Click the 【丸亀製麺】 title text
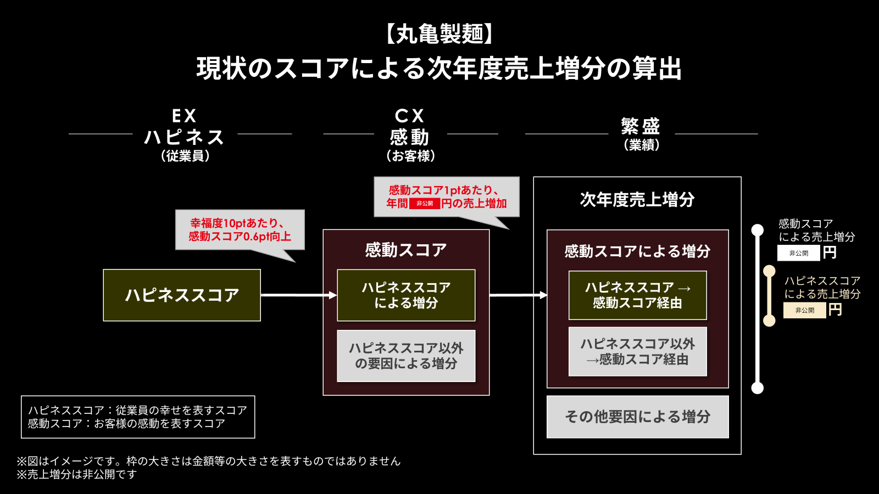(x=439, y=34)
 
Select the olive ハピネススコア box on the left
(x=182, y=295)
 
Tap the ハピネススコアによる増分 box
(x=406, y=295)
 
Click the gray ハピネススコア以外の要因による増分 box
(x=406, y=356)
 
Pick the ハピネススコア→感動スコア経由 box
(x=637, y=295)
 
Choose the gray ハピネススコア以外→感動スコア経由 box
(x=637, y=352)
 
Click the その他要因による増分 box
(x=637, y=417)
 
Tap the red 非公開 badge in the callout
(x=425, y=204)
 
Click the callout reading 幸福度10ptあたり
(x=240, y=230)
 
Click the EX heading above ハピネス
(x=184, y=116)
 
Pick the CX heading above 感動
(x=410, y=116)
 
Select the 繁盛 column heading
(x=641, y=127)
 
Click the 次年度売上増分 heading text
(x=637, y=199)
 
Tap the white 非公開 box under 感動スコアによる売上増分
(x=798, y=253)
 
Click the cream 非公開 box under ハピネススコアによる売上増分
(x=804, y=310)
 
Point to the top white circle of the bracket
(x=758, y=230)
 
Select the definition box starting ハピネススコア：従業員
(x=138, y=417)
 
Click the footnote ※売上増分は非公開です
(x=77, y=474)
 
